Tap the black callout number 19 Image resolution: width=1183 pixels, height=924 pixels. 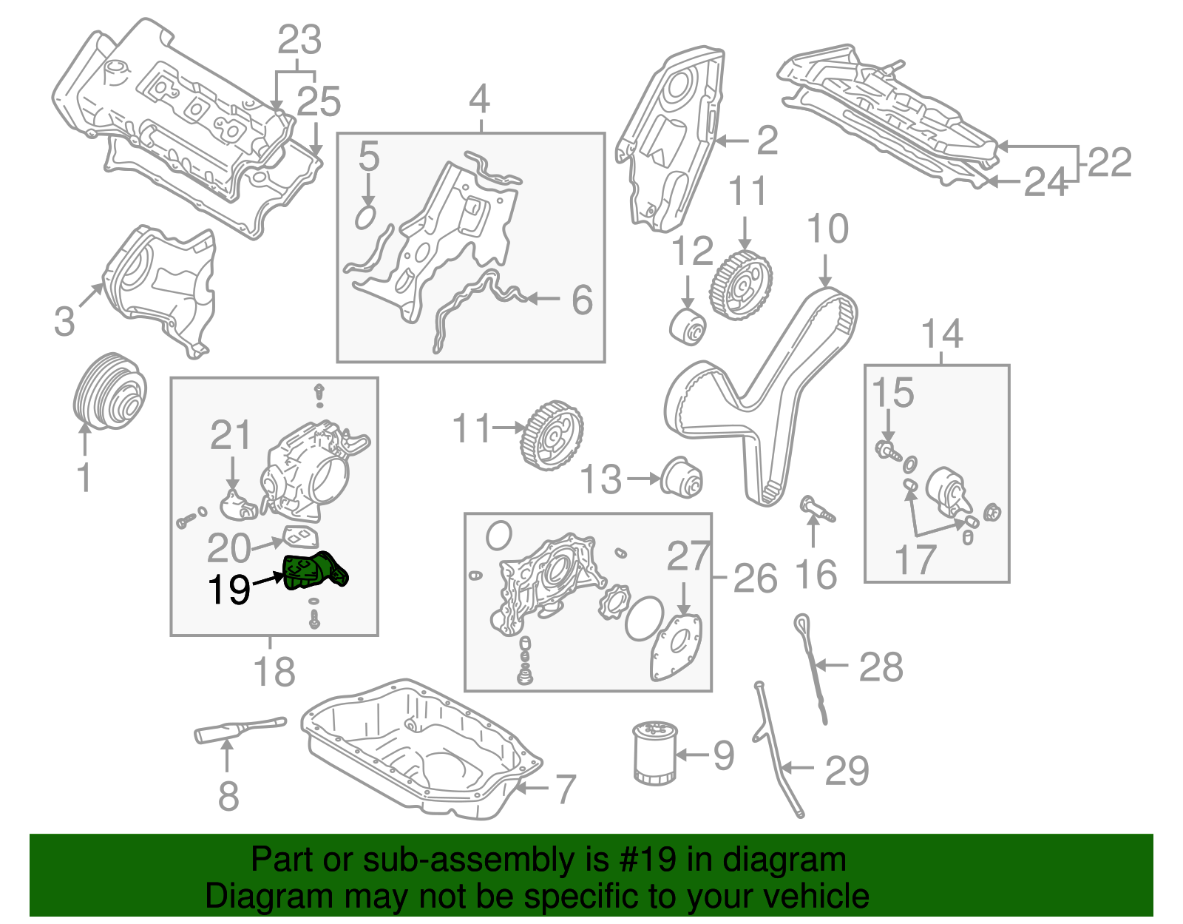coord(228,590)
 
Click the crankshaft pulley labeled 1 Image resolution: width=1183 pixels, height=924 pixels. coord(110,390)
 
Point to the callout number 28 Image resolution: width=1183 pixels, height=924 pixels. coord(881,667)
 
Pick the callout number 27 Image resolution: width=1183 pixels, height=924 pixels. coord(688,557)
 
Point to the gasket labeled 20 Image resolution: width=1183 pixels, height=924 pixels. coord(301,536)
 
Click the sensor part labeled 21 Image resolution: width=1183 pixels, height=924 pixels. coord(238,503)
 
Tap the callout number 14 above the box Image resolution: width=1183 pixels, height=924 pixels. coord(941,334)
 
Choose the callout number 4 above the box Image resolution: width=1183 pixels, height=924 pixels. coord(479,99)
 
